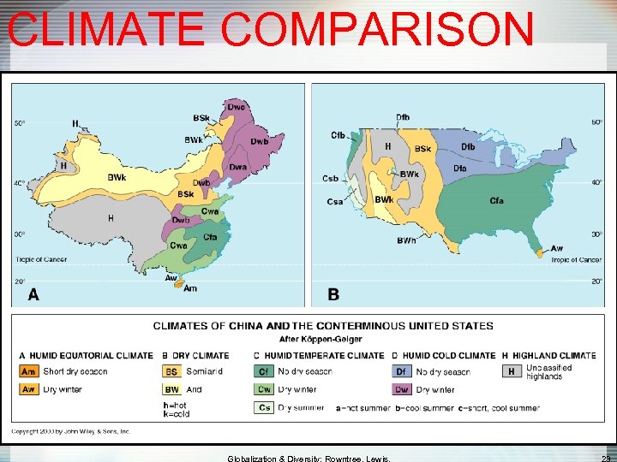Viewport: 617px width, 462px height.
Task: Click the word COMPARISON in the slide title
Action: pyautogui.click(x=377, y=29)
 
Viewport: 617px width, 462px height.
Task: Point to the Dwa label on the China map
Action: pyautogui.click(x=237, y=167)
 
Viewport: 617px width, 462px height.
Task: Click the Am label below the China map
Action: pyautogui.click(x=190, y=288)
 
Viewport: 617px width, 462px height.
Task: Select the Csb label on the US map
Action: pyautogui.click(x=330, y=179)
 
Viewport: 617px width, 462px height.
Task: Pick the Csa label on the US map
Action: pyautogui.click(x=334, y=202)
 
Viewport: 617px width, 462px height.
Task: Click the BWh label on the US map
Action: pyautogui.click(x=406, y=240)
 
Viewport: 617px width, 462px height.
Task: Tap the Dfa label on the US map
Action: pyautogui.click(x=460, y=169)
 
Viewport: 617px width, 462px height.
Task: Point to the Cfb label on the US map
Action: pyautogui.click(x=338, y=135)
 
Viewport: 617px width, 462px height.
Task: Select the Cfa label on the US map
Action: pyautogui.click(x=496, y=200)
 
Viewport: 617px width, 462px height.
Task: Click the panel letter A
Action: pyautogui.click(x=33, y=294)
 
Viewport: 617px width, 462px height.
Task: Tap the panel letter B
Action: pyautogui.click(x=333, y=294)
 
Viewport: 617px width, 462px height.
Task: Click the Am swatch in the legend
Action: pyautogui.click(x=29, y=371)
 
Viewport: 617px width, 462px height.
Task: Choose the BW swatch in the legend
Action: pyautogui.click(x=172, y=389)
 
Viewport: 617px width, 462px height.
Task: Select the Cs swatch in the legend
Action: pyautogui.click(x=264, y=407)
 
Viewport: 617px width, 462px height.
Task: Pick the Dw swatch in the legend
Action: pyautogui.click(x=402, y=389)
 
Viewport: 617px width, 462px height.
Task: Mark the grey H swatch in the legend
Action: pyautogui.click(x=512, y=371)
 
